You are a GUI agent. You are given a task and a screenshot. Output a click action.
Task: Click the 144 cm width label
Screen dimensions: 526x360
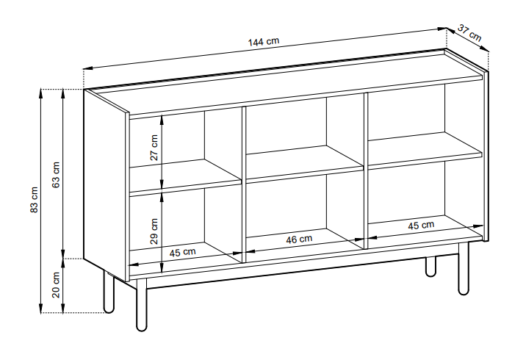click(x=263, y=41)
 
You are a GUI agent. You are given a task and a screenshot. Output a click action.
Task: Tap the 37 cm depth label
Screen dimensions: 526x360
click(x=469, y=32)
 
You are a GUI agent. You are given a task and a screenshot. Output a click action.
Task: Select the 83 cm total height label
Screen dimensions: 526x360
click(x=35, y=200)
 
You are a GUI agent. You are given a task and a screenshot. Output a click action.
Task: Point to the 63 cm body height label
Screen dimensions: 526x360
click(x=56, y=174)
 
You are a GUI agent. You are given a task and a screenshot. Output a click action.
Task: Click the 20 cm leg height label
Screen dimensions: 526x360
click(x=56, y=285)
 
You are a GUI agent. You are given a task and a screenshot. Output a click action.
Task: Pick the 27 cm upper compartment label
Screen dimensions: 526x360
click(x=154, y=148)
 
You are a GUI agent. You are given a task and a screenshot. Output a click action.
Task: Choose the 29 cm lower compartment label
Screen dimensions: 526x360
click(x=154, y=231)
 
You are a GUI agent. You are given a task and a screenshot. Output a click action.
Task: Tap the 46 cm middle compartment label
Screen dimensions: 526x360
click(x=299, y=240)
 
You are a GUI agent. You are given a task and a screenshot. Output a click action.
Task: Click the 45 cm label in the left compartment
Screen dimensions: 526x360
click(x=182, y=252)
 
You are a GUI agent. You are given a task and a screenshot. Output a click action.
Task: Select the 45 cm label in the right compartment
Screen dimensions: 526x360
click(x=421, y=226)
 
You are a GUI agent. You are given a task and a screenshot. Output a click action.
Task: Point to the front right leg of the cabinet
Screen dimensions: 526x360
click(x=464, y=268)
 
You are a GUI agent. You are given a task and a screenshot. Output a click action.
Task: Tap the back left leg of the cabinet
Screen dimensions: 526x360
click(x=109, y=291)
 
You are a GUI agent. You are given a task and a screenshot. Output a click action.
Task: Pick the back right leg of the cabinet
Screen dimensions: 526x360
click(x=430, y=267)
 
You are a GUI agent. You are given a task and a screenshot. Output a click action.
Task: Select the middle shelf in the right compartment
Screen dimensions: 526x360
click(x=425, y=150)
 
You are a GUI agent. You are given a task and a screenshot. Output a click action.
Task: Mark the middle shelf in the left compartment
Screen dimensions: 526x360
click(x=186, y=177)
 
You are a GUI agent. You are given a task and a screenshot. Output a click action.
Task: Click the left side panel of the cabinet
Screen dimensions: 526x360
click(x=106, y=185)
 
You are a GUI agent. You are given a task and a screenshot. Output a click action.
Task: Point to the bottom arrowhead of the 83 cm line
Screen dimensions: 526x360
click(x=41, y=308)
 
